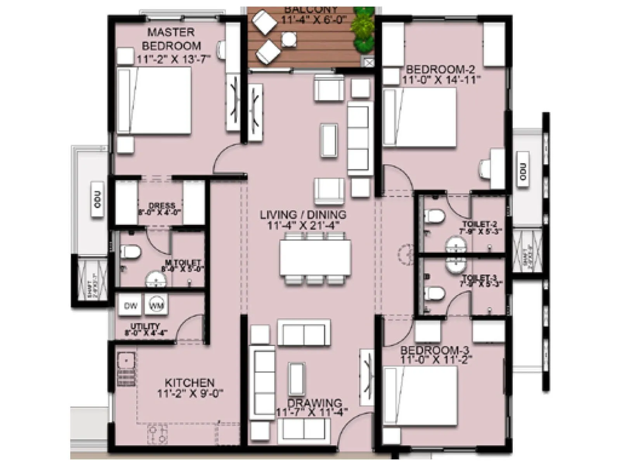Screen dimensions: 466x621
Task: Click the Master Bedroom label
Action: coord(171,39)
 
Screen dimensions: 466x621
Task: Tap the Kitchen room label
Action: coord(189,383)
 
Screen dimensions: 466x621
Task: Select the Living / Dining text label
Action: coord(303,215)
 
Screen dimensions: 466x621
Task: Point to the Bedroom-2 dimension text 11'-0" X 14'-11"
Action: coord(441,80)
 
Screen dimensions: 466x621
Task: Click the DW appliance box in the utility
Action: coord(130,306)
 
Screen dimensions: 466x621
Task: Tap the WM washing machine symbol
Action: coord(156,305)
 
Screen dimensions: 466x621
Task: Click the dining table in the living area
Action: coord(315,257)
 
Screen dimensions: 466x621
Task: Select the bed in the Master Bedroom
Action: coord(154,101)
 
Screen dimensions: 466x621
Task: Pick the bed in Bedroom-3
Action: coord(420,396)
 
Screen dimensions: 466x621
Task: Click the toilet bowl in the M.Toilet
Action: coord(130,252)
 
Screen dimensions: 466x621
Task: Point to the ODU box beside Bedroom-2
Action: coord(523,171)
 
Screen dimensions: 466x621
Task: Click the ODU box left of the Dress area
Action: coord(97,200)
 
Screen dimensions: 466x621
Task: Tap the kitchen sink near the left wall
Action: coord(126,361)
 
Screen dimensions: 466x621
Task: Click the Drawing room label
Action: coord(314,403)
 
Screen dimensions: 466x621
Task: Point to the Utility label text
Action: coord(145,326)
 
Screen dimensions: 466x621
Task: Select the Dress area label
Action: coord(162,205)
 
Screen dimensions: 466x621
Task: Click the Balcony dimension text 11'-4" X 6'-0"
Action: coord(313,19)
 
